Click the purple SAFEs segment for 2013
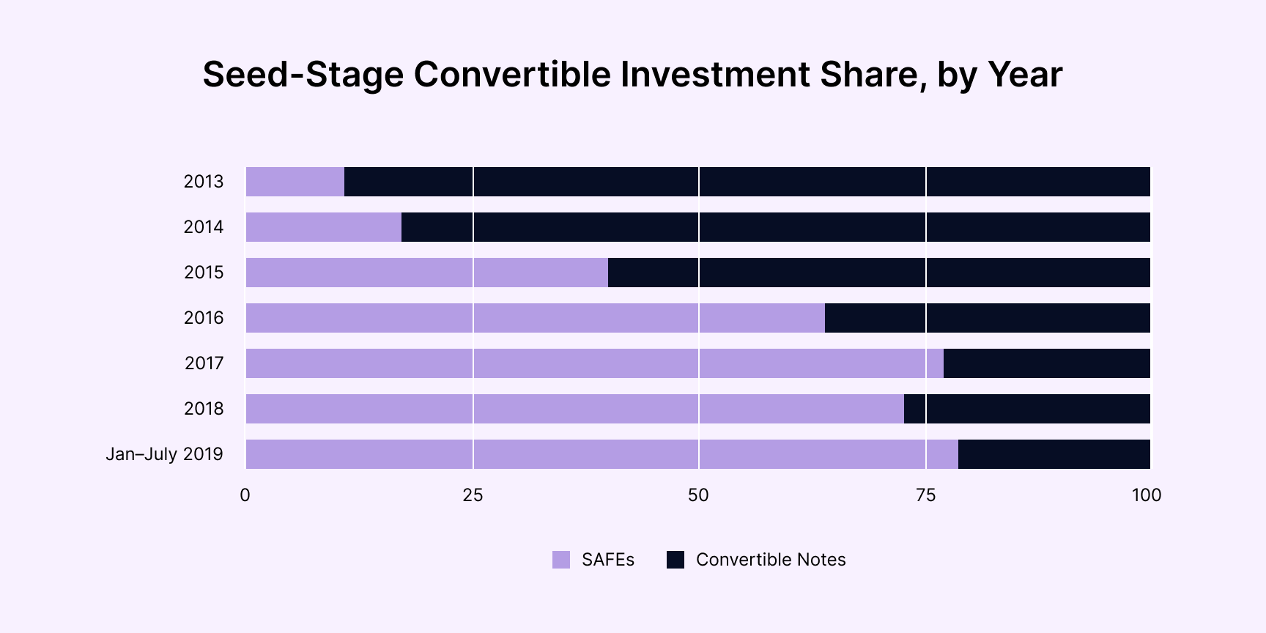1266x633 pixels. pos(295,182)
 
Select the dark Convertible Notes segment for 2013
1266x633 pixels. pos(747,182)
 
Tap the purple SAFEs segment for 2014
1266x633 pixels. pos(323,227)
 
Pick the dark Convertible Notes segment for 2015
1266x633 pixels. pos(879,273)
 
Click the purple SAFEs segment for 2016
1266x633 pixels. pos(535,318)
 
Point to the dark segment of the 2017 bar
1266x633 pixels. pos(1046,363)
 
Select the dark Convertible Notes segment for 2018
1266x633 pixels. pos(1027,409)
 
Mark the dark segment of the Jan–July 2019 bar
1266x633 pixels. pos(1054,454)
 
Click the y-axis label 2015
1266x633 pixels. pos(204,273)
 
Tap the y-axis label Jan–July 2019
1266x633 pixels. pos(164,454)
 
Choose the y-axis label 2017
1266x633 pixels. pos(204,363)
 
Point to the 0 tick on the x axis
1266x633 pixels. pos(245,495)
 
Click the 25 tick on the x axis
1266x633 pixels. pos(473,495)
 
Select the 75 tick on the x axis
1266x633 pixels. pos(925,495)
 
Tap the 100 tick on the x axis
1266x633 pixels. pos(1146,495)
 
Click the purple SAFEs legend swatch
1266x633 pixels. pos(561,560)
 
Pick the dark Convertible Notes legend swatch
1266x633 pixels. pos(675,560)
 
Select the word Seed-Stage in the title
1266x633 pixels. pos(303,75)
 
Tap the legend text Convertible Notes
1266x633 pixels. pos(771,560)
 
